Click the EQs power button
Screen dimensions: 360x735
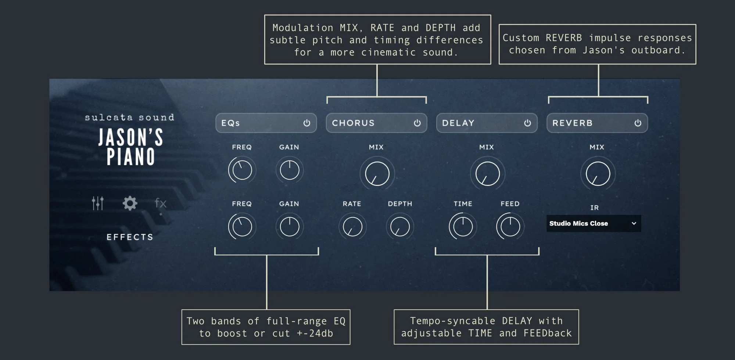click(x=307, y=123)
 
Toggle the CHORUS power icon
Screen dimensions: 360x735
click(x=417, y=123)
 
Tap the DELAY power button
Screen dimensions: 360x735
click(x=527, y=123)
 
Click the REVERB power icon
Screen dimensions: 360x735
click(x=638, y=123)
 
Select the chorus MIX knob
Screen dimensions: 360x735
click(x=377, y=174)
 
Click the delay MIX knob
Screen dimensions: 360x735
click(x=487, y=174)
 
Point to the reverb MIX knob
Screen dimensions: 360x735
click(x=598, y=174)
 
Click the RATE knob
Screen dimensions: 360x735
click(x=352, y=227)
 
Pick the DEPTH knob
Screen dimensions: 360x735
click(x=400, y=227)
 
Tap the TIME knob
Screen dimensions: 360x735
click(x=463, y=227)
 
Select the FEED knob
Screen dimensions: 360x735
click(x=510, y=227)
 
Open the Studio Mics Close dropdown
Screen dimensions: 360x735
click(x=594, y=223)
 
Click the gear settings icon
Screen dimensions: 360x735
click(x=130, y=203)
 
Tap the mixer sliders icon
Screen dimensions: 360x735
click(x=98, y=203)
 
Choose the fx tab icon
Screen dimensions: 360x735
click(x=161, y=203)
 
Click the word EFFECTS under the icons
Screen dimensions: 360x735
click(x=130, y=237)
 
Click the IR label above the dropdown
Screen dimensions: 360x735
click(x=594, y=208)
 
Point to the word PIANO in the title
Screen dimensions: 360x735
click(x=131, y=157)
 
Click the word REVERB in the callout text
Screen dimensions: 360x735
click(x=563, y=38)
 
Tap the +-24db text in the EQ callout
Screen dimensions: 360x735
click(x=315, y=334)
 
